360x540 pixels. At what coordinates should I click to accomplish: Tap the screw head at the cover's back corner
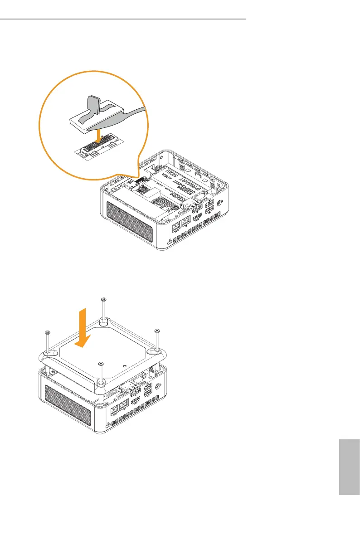(103, 299)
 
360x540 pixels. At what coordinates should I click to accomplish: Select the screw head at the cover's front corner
(101, 363)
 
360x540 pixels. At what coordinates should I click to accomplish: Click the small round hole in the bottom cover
(124, 364)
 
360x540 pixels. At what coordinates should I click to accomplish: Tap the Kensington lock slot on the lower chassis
(107, 426)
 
